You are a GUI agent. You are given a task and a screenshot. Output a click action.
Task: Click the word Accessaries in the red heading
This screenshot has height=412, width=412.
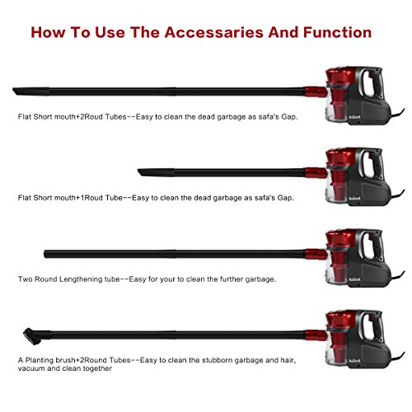214,32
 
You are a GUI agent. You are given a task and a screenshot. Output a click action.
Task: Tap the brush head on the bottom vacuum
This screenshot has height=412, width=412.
32,336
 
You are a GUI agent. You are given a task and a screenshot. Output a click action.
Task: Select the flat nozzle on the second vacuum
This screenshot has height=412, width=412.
156,172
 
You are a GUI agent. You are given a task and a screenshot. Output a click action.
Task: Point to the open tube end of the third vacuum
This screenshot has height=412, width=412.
44,254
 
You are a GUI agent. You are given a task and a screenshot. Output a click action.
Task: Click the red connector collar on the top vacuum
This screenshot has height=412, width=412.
316,92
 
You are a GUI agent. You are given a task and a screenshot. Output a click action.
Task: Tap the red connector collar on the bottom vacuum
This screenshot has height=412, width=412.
316,335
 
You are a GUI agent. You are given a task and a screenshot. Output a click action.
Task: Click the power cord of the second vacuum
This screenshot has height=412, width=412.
397,194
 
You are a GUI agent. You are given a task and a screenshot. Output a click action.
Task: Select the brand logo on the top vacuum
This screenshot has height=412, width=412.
354,117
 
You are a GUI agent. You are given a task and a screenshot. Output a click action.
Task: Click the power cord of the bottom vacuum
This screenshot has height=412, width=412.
397,357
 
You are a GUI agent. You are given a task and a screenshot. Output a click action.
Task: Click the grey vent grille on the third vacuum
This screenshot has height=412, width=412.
375,274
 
